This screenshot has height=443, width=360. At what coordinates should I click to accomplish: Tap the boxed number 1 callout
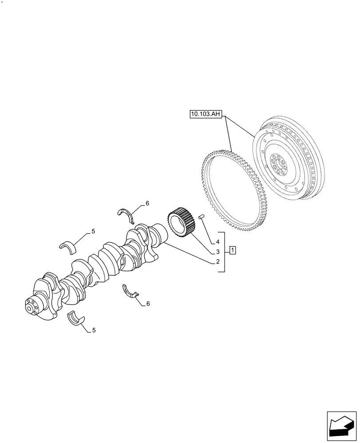click(233, 251)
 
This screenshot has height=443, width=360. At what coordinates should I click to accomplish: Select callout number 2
click(218, 262)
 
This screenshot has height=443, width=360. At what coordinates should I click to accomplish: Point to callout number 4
click(218, 242)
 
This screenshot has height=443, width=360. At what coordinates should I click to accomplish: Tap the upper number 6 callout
click(147, 203)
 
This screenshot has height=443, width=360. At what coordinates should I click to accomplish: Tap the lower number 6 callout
click(148, 303)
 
